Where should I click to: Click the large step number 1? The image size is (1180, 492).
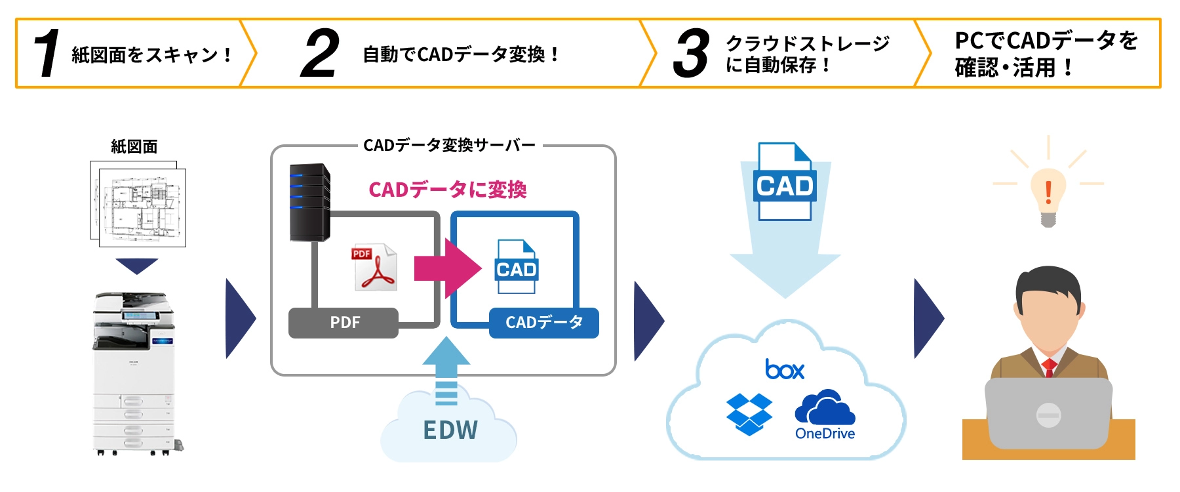tap(47, 54)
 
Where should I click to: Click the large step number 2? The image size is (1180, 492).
tap(320, 54)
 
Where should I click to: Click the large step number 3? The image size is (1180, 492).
tap(691, 54)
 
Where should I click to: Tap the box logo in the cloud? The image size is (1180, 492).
tap(784, 369)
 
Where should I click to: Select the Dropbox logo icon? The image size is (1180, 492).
tap(749, 414)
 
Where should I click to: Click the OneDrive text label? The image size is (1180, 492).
tap(825, 434)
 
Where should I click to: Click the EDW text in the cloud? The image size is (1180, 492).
tap(450, 430)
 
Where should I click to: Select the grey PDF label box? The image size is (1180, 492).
tap(344, 323)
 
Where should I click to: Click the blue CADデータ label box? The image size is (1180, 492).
tap(543, 323)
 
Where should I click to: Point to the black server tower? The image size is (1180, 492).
tap(309, 202)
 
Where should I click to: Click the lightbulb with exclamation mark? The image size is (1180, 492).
tap(1048, 194)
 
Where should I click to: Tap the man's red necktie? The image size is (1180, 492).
tap(1048, 367)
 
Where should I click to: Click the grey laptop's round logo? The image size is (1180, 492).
tap(1048, 415)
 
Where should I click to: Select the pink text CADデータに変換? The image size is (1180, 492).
tap(447, 190)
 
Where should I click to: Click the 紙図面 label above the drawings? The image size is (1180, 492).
tap(134, 146)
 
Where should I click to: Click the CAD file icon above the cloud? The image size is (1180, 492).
tap(784, 182)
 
